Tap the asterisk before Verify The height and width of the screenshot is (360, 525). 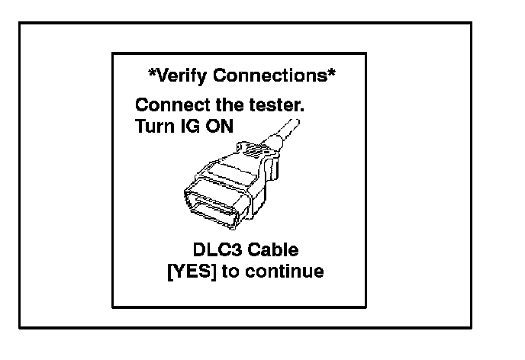click(x=152, y=74)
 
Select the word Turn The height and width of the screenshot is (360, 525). click(x=152, y=125)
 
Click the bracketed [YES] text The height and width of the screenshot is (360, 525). click(x=192, y=272)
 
